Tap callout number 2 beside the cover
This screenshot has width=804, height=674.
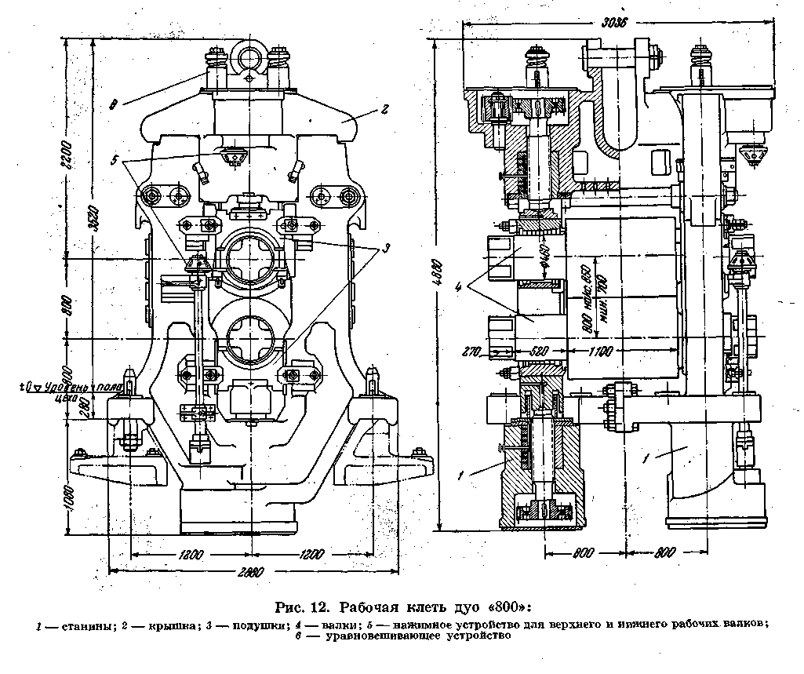(x=385, y=110)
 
